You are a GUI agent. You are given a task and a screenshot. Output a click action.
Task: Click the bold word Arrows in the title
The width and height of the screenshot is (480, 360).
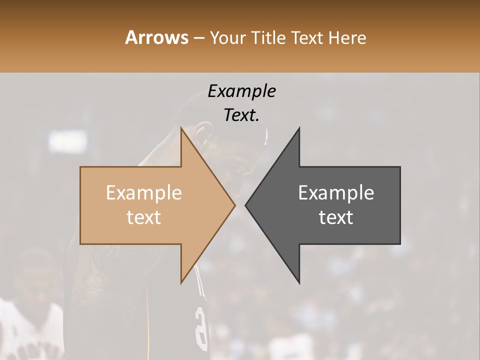[156, 37]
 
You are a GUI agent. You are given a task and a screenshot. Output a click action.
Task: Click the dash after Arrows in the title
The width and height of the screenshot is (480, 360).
[198, 38]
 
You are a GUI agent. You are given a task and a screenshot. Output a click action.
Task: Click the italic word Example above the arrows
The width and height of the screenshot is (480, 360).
[242, 91]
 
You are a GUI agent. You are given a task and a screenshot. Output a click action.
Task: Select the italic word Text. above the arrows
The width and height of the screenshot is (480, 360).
[242, 115]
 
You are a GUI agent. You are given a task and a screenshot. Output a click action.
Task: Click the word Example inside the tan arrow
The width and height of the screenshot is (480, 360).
[144, 193]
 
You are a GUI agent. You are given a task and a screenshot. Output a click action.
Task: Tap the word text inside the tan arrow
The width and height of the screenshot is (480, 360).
[144, 217]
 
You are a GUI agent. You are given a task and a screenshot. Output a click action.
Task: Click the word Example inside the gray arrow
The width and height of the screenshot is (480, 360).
[336, 193]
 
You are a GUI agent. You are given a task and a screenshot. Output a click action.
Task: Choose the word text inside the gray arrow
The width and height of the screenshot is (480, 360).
[336, 217]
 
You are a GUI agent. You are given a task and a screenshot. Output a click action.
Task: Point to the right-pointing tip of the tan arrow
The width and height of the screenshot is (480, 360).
[234, 205]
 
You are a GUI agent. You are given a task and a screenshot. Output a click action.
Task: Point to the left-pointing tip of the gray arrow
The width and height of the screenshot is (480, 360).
[246, 205]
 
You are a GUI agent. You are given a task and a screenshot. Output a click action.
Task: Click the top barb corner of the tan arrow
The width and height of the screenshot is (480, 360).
[181, 128]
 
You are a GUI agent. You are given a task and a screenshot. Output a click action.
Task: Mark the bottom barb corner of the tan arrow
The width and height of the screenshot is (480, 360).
[181, 282]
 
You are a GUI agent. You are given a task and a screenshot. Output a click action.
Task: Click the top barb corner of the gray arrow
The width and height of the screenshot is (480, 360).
[299, 128]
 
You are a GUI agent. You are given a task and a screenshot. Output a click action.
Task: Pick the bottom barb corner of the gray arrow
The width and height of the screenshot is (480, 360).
[299, 282]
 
